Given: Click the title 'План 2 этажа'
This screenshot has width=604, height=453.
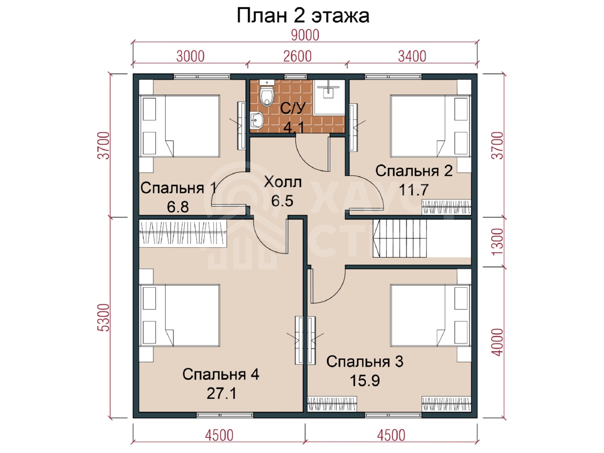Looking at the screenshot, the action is pos(302,16).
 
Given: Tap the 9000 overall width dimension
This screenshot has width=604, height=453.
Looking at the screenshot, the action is pos(305,35).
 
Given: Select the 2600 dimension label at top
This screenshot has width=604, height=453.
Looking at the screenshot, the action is pos(297,56).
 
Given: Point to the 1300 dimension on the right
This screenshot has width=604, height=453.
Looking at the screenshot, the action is pos(498,242).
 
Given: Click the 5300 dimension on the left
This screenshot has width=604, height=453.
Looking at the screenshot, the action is pos(104,317).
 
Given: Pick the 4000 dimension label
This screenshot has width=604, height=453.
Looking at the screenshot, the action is pos(498,342).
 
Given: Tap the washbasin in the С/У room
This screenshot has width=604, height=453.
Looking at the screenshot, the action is pos(257,120).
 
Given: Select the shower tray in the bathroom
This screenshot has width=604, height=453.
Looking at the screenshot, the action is pos(329,97).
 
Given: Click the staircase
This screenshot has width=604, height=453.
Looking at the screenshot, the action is pos(400,238).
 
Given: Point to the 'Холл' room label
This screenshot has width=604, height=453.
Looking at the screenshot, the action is pos(282,182).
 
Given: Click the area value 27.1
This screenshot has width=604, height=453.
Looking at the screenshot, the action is pos(222,394).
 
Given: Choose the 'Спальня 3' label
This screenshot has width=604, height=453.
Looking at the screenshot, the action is pos(365,361).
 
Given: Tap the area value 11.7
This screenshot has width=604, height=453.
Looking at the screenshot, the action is pos(414,190).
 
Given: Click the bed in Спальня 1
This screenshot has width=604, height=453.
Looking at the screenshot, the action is pos(179,126).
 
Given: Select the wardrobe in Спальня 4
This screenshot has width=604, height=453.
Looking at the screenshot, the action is pos(183,233).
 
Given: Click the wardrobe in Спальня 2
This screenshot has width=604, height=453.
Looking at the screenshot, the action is pos(446,207).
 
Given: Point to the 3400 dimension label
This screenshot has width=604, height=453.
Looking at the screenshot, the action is pos(412,56).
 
